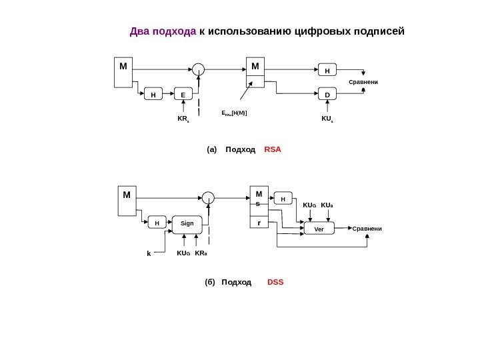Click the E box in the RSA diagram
click(183, 95)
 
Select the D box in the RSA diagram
click(327, 95)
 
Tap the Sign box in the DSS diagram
click(187, 224)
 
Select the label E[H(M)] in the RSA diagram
click(234, 114)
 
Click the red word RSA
click(273, 150)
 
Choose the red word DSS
click(275, 283)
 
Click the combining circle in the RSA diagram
click(198, 67)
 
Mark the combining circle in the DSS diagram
click(209, 197)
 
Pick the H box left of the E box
click(153, 95)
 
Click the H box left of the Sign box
click(157, 224)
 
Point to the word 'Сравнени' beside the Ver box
click(367, 228)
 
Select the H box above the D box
click(327, 69)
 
